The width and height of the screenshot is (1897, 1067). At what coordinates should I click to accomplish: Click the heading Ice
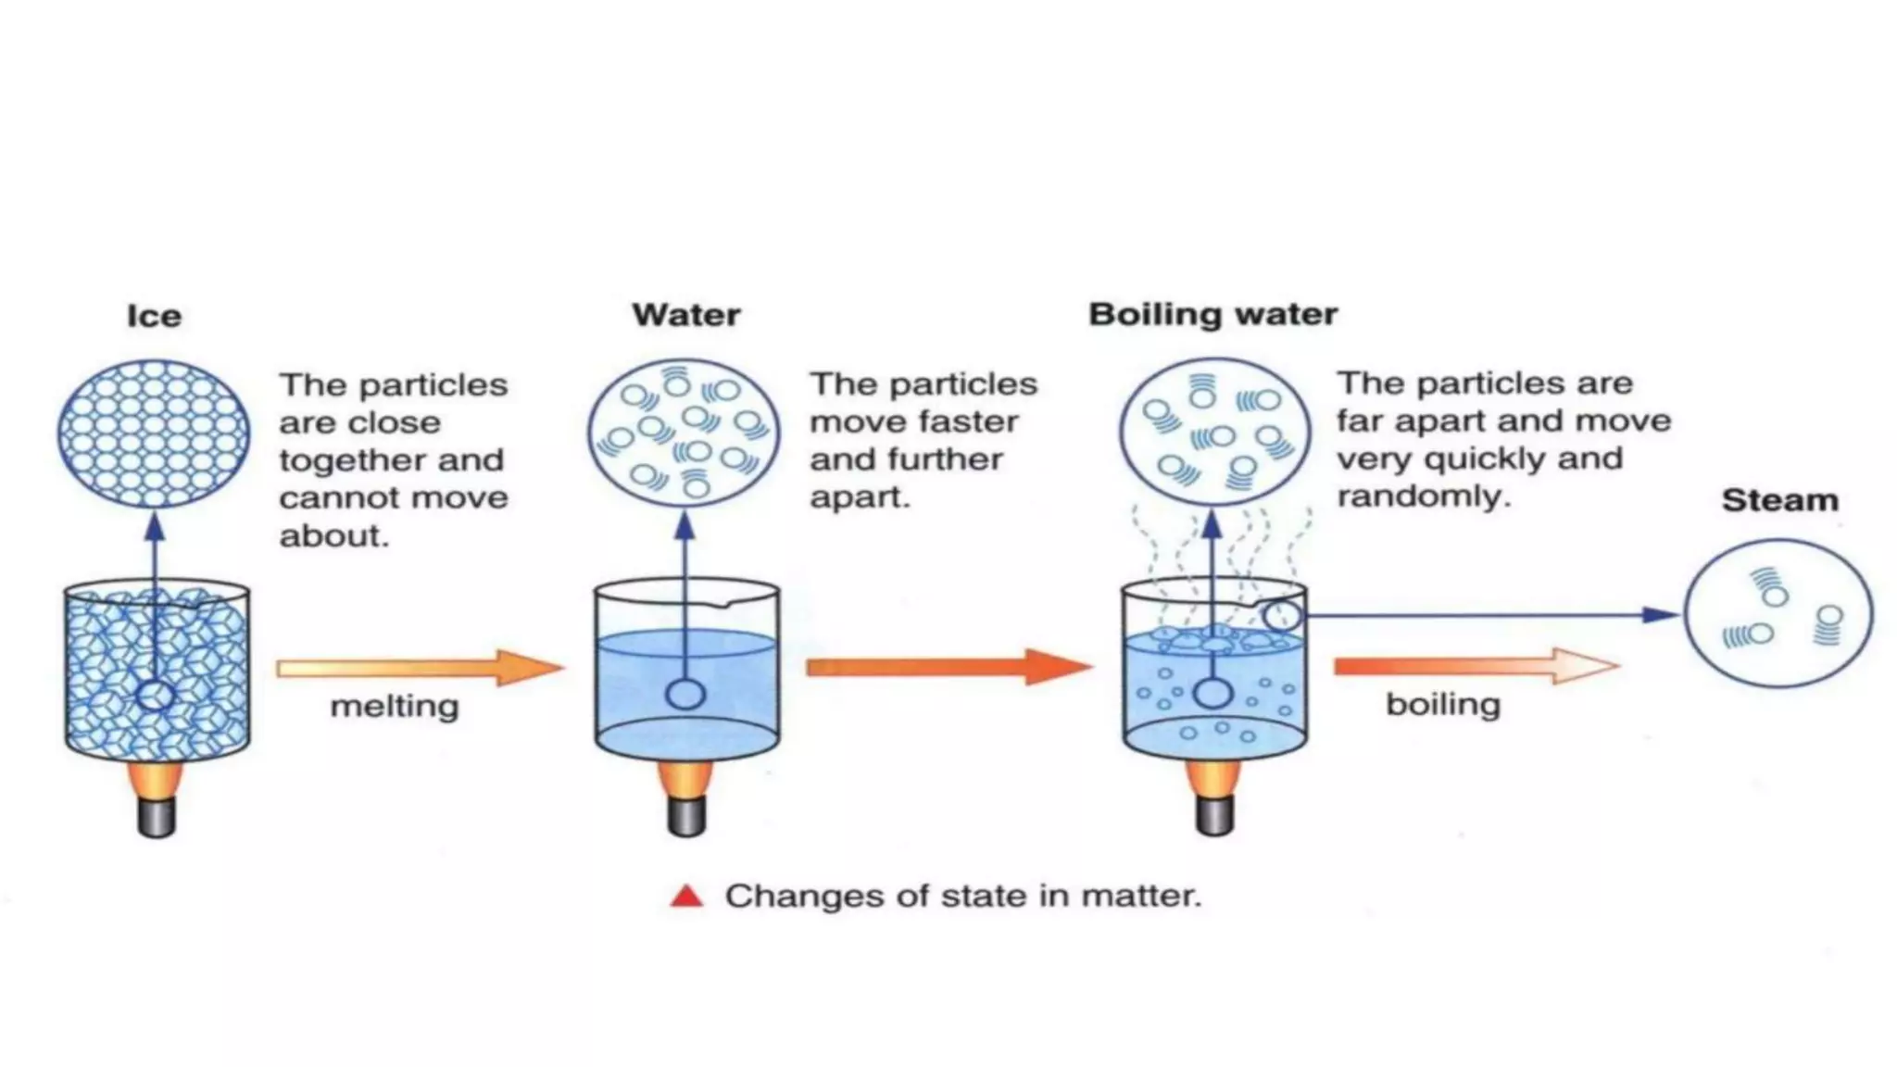(154, 316)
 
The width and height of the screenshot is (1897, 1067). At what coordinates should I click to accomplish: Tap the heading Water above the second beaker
(685, 315)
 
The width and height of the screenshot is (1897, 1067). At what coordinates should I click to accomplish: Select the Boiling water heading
(1212, 314)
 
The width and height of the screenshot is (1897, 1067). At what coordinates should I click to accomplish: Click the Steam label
(1779, 500)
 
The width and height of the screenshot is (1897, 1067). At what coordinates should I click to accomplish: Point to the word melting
(395, 707)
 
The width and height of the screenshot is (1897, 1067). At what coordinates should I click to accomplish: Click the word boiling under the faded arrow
(1442, 705)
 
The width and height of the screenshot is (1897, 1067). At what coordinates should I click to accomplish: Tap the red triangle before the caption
(686, 896)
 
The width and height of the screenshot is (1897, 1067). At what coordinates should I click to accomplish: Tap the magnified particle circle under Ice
(154, 433)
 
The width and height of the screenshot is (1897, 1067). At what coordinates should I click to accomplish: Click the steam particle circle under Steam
(1778, 613)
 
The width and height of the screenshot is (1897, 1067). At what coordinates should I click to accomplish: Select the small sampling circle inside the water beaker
(685, 694)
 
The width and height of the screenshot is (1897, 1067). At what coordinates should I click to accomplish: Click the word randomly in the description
(1423, 496)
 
